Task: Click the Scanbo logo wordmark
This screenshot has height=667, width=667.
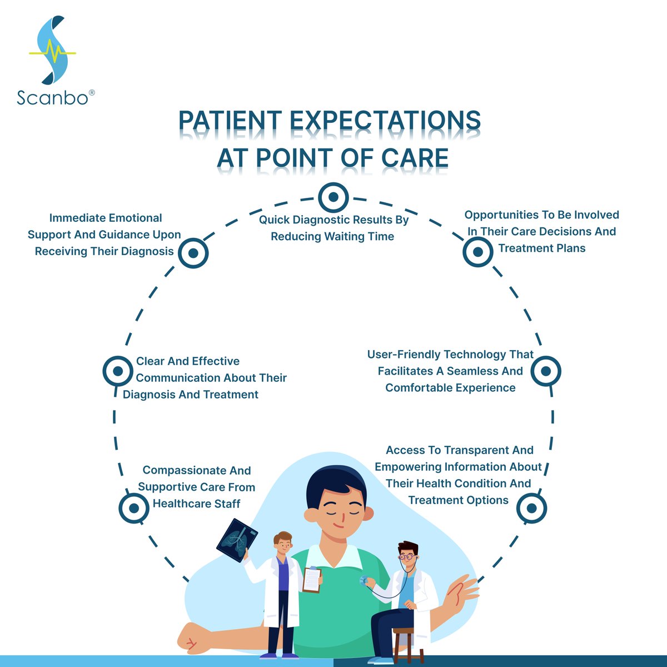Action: click(x=53, y=98)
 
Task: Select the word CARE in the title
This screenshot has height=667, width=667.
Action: click(x=415, y=158)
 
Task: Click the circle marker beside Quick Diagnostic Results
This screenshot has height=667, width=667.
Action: click(x=333, y=197)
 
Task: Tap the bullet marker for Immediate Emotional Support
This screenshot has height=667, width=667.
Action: click(x=193, y=253)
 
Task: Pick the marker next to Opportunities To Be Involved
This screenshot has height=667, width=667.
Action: click(x=478, y=252)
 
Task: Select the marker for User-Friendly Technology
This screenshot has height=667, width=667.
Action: click(x=546, y=371)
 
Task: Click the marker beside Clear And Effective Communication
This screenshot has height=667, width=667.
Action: click(x=118, y=371)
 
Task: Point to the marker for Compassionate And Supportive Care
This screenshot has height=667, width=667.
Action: click(x=134, y=507)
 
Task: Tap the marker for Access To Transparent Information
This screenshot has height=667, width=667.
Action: click(x=531, y=508)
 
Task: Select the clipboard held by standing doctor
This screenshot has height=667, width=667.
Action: click(x=312, y=580)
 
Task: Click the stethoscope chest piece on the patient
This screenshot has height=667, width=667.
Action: click(x=364, y=581)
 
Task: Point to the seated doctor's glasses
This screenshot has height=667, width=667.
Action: click(x=407, y=555)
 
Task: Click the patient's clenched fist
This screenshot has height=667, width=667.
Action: click(x=192, y=639)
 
